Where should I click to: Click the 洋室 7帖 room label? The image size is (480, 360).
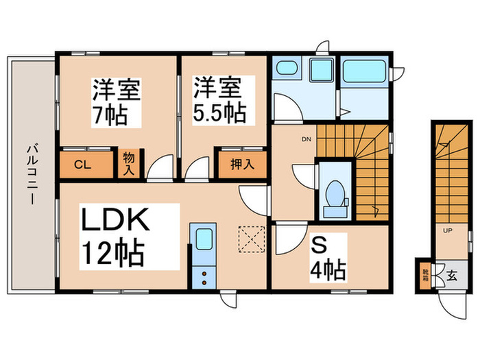pyautogui.click(x=116, y=102)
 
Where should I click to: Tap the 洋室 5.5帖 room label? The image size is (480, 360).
pyautogui.click(x=220, y=100)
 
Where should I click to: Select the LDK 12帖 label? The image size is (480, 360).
pyautogui.click(x=115, y=237)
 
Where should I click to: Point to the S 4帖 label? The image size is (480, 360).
pyautogui.click(x=328, y=258)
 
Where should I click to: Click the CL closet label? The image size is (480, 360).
pyautogui.click(x=83, y=165)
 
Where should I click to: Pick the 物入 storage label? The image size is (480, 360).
pyautogui.click(x=129, y=165)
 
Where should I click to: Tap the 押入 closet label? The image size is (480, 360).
pyautogui.click(x=243, y=165)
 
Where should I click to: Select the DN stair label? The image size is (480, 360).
pyautogui.click(x=307, y=139)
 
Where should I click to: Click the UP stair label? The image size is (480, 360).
pyautogui.click(x=448, y=230)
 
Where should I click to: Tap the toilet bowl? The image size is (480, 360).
pyautogui.click(x=335, y=193)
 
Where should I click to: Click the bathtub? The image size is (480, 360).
pyautogui.click(x=364, y=71)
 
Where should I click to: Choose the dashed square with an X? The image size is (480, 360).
pyautogui.click(x=252, y=239)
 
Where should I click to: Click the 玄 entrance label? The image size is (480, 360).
pyautogui.click(x=452, y=276)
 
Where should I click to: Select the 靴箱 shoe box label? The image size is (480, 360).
pyautogui.click(x=426, y=275)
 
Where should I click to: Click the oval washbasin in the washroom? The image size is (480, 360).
pyautogui.click(x=287, y=67)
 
